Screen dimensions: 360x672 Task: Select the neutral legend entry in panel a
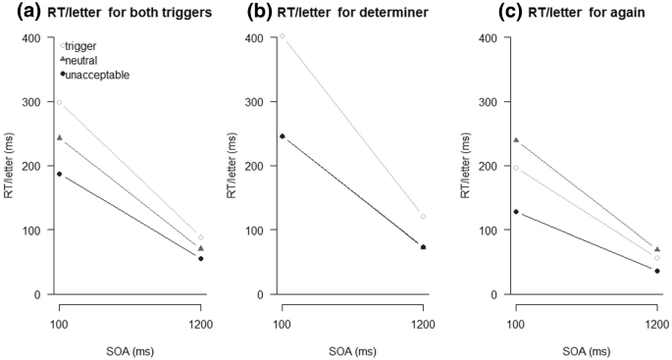83,60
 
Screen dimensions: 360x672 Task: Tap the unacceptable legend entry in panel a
94,75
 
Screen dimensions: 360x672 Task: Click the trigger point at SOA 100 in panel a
60,102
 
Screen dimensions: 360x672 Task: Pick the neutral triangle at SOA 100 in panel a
60,138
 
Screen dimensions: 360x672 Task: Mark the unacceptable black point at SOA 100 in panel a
60,174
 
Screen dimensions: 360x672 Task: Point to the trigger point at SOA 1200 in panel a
200,237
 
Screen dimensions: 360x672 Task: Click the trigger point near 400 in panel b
283,36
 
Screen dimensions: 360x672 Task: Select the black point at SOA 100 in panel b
283,136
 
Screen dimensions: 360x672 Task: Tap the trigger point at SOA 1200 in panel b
423,217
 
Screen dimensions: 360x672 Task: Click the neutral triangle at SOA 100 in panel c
516,140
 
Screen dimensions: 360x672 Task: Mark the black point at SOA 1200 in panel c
656,271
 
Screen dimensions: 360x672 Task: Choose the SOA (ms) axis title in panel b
353,350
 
